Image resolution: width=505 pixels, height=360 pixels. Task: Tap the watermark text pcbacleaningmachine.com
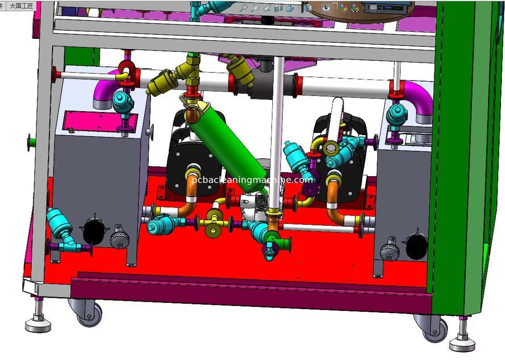(x=252, y=180)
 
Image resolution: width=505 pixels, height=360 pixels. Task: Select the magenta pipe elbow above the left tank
(x=105, y=89)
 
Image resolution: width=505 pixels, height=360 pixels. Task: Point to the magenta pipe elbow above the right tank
(x=418, y=99)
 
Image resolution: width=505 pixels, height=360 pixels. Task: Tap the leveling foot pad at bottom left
(x=38, y=326)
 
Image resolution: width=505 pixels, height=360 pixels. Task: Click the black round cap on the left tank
(x=93, y=231)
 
